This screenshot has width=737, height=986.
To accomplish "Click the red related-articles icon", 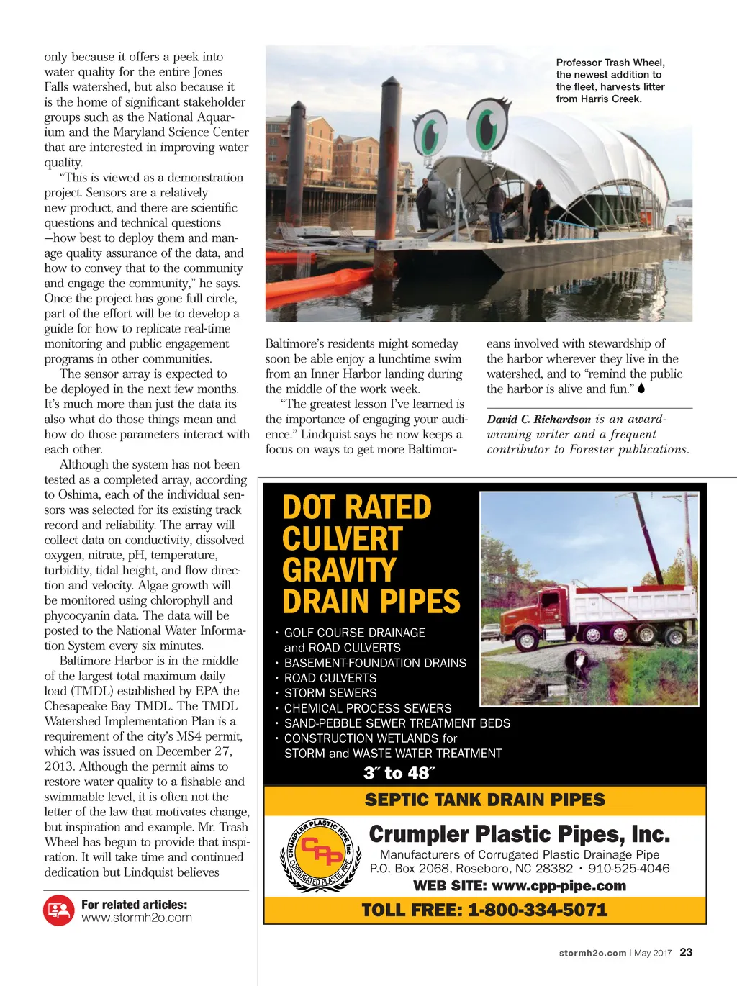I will pyautogui.click(x=59, y=910).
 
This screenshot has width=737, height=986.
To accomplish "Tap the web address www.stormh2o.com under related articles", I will pyautogui.click(x=136, y=918).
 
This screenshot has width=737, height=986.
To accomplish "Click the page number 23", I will pyautogui.click(x=686, y=952).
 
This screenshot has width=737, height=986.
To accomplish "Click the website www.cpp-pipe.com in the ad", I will pyautogui.click(x=559, y=885).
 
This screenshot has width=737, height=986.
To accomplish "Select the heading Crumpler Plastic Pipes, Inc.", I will pyautogui.click(x=519, y=834).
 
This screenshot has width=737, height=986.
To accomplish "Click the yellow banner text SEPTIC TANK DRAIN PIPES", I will pyautogui.click(x=484, y=800).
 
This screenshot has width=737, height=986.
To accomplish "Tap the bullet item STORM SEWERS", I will pyautogui.click(x=330, y=693).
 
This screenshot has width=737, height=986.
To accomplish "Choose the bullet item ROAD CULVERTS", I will pyautogui.click(x=330, y=678).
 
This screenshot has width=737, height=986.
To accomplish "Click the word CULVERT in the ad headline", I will pyautogui.click(x=342, y=539).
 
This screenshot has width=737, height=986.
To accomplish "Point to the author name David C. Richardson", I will pyautogui.click(x=538, y=419).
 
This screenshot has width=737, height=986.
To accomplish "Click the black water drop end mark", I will pyautogui.click(x=641, y=389).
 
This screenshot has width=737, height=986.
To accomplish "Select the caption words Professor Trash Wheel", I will pyautogui.click(x=610, y=63).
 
